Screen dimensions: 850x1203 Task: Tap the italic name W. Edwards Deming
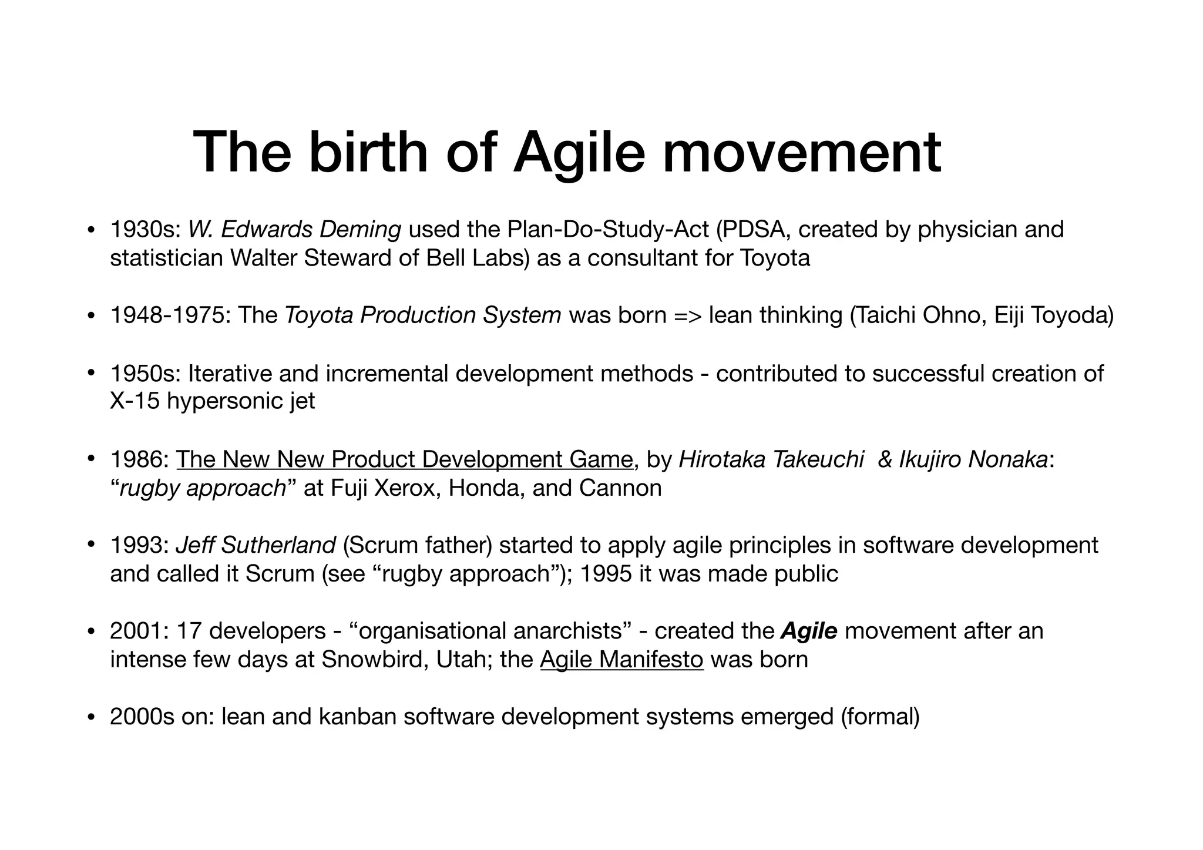pyautogui.click(x=294, y=230)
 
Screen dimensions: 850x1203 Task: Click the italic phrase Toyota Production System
pyautogui.click(x=423, y=315)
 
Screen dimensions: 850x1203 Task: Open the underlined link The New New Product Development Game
pyautogui.click(x=404, y=459)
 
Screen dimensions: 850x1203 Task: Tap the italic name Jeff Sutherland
pyautogui.click(x=256, y=545)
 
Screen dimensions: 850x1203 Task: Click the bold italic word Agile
pyautogui.click(x=809, y=631)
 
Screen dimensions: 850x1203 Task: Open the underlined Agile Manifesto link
pyautogui.click(x=621, y=660)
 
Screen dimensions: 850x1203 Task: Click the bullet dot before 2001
pyautogui.click(x=90, y=632)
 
